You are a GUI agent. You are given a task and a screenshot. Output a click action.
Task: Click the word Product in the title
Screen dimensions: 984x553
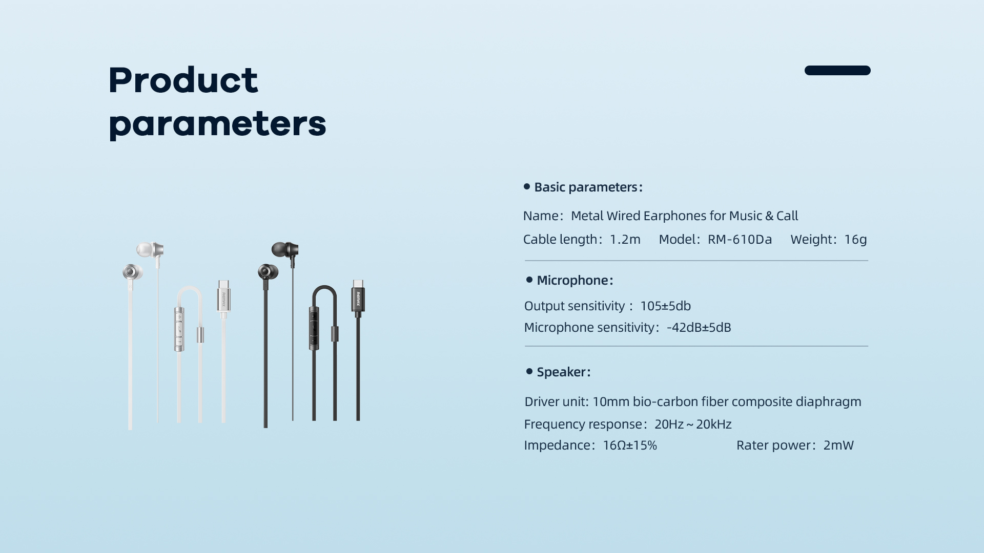click(x=183, y=80)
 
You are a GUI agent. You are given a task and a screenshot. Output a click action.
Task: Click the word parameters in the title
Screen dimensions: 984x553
click(x=217, y=124)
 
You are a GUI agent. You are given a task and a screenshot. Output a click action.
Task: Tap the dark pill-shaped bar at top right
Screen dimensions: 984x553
click(x=837, y=70)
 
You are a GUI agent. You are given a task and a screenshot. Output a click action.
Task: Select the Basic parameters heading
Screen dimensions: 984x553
click(x=588, y=187)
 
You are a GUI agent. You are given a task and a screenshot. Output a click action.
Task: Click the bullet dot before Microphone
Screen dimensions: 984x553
click(x=529, y=280)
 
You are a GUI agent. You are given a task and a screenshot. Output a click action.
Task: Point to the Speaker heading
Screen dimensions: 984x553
click(x=564, y=372)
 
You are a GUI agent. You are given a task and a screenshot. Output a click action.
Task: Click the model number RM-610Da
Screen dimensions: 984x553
click(x=740, y=240)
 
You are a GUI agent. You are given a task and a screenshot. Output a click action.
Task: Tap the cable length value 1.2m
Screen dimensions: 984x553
click(x=625, y=240)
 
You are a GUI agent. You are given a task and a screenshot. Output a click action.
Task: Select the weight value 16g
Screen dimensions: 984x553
click(x=855, y=240)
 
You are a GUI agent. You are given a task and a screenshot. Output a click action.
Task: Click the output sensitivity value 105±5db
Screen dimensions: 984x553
click(x=665, y=306)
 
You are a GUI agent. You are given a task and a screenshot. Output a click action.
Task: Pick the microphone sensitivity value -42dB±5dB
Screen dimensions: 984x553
click(x=699, y=328)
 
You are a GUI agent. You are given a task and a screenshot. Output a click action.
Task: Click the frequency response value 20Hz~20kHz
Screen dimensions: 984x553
click(x=693, y=424)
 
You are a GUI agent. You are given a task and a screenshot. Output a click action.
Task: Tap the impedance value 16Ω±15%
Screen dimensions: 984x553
click(x=630, y=445)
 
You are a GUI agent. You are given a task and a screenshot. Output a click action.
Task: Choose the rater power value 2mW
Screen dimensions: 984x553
click(x=838, y=445)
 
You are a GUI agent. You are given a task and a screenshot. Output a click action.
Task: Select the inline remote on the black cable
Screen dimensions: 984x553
click(x=314, y=328)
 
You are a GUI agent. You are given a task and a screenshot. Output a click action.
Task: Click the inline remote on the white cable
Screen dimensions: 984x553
click(x=179, y=329)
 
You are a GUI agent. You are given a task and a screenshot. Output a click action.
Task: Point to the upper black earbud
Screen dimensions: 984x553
click(x=285, y=251)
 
